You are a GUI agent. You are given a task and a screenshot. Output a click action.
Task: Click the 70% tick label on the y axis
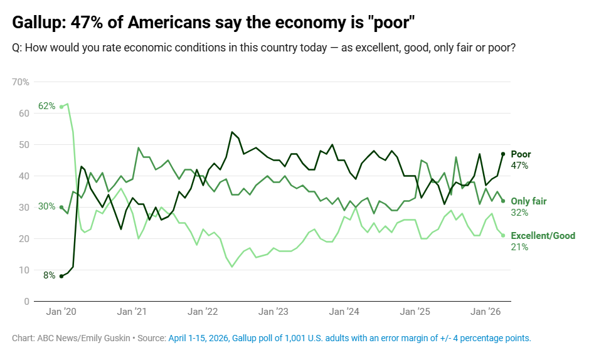pyautogui.click(x=21, y=82)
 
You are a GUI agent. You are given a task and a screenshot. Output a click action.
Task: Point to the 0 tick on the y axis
pyautogui.click(x=26, y=302)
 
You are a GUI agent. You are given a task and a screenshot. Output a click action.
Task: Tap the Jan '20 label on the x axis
pyautogui.click(x=61, y=312)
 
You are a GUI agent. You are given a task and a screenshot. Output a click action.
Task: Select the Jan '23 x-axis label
pyautogui.click(x=273, y=312)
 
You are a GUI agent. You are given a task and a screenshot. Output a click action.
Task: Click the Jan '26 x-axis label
pyautogui.click(x=486, y=312)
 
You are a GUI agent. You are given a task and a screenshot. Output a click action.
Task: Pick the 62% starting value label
pyautogui.click(x=47, y=106)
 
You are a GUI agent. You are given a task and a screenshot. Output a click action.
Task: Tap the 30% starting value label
pyautogui.click(x=47, y=206)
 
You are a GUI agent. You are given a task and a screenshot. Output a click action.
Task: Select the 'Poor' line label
pyautogui.click(x=521, y=154)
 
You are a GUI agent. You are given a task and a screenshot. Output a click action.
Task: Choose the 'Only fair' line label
pyautogui.click(x=529, y=201)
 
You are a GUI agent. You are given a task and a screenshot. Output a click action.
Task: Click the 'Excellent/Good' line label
pyautogui.click(x=543, y=236)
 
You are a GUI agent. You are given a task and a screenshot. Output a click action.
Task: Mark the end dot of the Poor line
pyautogui.click(x=503, y=154)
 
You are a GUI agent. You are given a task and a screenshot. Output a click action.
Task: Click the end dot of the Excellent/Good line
pyautogui.click(x=503, y=235)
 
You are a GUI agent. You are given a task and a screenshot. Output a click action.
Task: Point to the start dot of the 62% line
pyautogui.click(x=61, y=107)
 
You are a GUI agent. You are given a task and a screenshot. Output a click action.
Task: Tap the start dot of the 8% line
pyautogui.click(x=61, y=276)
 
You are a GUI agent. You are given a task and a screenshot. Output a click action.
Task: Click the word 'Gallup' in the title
pyautogui.click(x=38, y=23)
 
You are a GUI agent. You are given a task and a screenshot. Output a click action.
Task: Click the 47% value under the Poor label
pyautogui.click(x=520, y=166)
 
